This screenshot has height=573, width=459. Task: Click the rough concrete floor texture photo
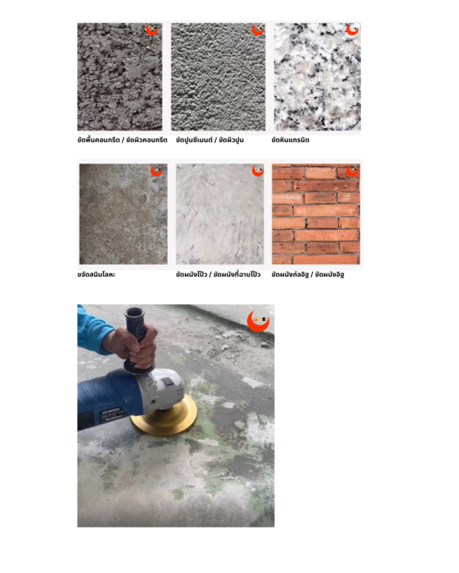pos(119,76)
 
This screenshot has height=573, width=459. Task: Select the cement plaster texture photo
pos(218,76)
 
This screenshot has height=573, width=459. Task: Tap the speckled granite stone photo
pos(317,76)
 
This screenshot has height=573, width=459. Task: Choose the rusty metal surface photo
pos(123,214)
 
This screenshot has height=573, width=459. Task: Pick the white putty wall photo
pos(220,214)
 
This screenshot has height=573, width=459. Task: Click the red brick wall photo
pos(316,214)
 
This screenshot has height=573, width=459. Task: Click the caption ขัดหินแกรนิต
pos(290,140)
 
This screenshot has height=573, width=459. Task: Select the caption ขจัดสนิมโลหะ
pos(96,274)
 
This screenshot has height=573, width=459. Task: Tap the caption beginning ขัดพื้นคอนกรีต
pos(122,140)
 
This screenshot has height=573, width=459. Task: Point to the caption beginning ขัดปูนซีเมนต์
pos(210,140)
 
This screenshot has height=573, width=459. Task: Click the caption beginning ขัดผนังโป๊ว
pos(218,274)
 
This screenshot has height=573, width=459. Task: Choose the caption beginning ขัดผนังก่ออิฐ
pos(308,274)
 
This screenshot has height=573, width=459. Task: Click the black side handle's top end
pos(135,312)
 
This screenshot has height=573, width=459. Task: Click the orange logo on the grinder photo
pos(259,321)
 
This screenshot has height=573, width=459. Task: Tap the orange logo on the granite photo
pos(353,29)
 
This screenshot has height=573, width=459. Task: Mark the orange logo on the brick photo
pos(353,170)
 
